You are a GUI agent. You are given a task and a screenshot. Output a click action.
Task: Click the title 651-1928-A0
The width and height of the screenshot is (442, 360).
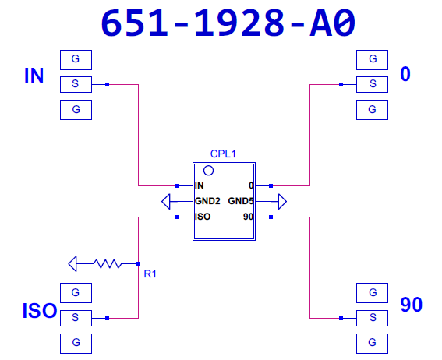228,23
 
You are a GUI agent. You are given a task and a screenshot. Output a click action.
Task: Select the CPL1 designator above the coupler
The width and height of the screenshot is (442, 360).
223,154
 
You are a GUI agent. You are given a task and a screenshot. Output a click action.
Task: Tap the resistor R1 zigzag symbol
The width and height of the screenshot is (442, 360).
108,264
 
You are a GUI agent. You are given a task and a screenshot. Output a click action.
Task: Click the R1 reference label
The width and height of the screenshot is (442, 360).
150,274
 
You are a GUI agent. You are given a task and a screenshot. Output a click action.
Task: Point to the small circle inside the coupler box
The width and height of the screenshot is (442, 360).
208,171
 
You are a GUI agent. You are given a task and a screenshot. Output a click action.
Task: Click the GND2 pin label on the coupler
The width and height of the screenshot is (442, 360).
207,201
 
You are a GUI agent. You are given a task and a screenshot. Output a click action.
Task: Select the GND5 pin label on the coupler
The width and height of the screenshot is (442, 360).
241,201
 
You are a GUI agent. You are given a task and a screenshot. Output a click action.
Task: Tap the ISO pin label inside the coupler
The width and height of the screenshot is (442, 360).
203,217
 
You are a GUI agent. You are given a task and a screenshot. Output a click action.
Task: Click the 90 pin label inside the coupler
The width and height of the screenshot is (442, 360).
248,217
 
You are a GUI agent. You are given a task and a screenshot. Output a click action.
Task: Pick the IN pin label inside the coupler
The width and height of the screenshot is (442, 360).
200,185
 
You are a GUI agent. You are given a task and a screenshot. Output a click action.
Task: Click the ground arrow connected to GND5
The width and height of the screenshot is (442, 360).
282,201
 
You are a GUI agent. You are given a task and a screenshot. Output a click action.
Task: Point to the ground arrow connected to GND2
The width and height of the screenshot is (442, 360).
166,201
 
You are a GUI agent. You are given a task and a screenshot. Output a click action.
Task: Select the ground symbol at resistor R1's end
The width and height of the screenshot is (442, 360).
72,264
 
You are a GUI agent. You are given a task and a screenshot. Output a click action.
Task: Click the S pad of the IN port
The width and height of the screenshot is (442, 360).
76,84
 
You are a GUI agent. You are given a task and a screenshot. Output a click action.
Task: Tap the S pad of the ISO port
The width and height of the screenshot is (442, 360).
76,318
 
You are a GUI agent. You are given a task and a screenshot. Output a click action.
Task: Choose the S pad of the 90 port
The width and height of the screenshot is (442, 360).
372,318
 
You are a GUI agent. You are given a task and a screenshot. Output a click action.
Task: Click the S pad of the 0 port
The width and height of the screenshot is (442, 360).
372,84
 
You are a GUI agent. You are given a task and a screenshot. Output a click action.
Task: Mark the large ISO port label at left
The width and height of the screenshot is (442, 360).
40,311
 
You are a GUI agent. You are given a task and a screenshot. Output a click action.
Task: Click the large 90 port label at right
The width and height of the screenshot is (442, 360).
412,305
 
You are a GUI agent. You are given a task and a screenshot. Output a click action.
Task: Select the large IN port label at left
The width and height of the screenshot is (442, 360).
34,76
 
